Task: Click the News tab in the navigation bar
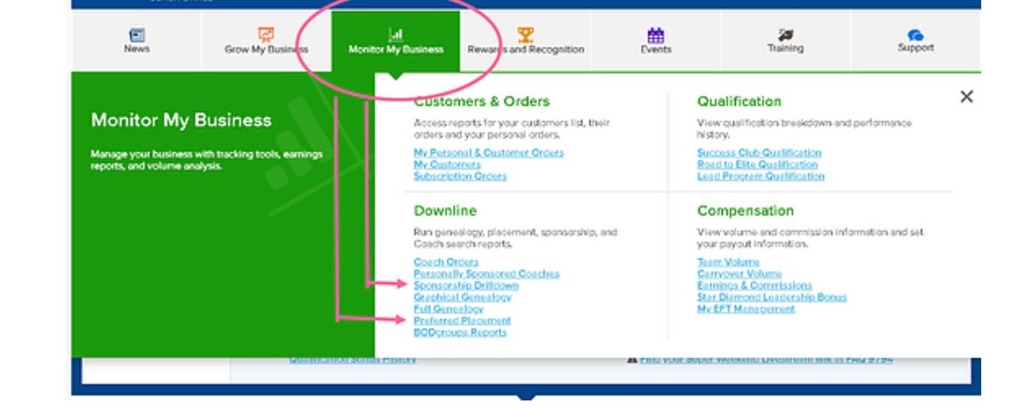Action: [x=137, y=41]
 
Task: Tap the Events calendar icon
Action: [x=655, y=35]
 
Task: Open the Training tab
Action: [x=785, y=41]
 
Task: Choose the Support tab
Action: [x=915, y=41]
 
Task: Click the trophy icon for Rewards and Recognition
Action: [x=525, y=35]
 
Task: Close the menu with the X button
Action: [x=966, y=97]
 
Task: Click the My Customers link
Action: [x=447, y=164]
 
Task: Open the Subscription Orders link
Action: [x=460, y=176]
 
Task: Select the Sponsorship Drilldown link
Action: [x=466, y=285]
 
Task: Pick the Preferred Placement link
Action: [x=462, y=321]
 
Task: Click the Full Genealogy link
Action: [x=448, y=309]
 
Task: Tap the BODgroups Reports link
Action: [x=460, y=332]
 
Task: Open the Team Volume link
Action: [x=728, y=262]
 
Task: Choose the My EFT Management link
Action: [x=746, y=309]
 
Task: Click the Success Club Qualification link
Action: [x=759, y=153]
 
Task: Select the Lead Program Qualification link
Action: [x=760, y=176]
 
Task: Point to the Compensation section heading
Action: [x=745, y=211]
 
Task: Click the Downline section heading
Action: [x=445, y=211]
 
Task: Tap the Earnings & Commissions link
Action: [x=754, y=285]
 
